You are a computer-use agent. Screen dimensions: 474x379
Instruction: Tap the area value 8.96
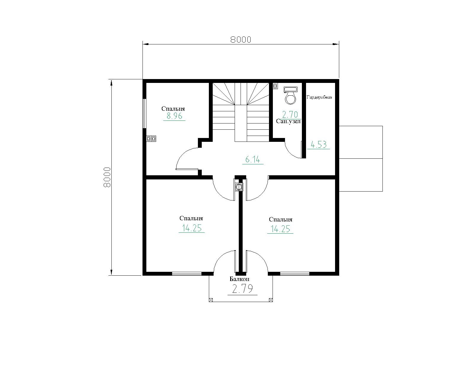click(x=174, y=116)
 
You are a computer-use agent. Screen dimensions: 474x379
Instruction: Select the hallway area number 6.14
click(x=253, y=159)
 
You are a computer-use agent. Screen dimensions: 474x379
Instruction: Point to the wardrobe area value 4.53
click(x=318, y=144)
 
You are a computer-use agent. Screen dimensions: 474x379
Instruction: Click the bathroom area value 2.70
click(x=290, y=114)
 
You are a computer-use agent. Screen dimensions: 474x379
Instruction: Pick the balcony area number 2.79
click(x=242, y=289)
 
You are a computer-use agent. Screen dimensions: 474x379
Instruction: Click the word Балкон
click(x=239, y=279)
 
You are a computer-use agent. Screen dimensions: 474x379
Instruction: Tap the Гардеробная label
click(x=319, y=97)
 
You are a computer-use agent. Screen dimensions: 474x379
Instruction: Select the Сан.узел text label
click(x=288, y=121)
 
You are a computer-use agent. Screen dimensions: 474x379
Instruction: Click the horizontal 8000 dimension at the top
click(x=241, y=40)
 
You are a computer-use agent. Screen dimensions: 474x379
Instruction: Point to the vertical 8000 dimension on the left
click(x=107, y=177)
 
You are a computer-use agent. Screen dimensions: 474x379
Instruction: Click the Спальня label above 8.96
click(x=173, y=109)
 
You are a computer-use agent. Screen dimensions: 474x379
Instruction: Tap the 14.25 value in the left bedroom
click(x=192, y=228)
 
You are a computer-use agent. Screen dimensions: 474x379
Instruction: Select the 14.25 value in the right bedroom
click(x=280, y=229)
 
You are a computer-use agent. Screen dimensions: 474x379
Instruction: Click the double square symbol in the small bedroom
click(x=151, y=139)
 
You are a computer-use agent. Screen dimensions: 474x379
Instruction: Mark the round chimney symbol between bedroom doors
click(x=238, y=187)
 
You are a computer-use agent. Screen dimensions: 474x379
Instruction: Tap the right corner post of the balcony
click(x=271, y=300)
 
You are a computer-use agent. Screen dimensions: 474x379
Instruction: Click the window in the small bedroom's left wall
click(x=144, y=113)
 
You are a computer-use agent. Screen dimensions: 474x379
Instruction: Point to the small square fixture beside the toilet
click(x=275, y=86)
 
